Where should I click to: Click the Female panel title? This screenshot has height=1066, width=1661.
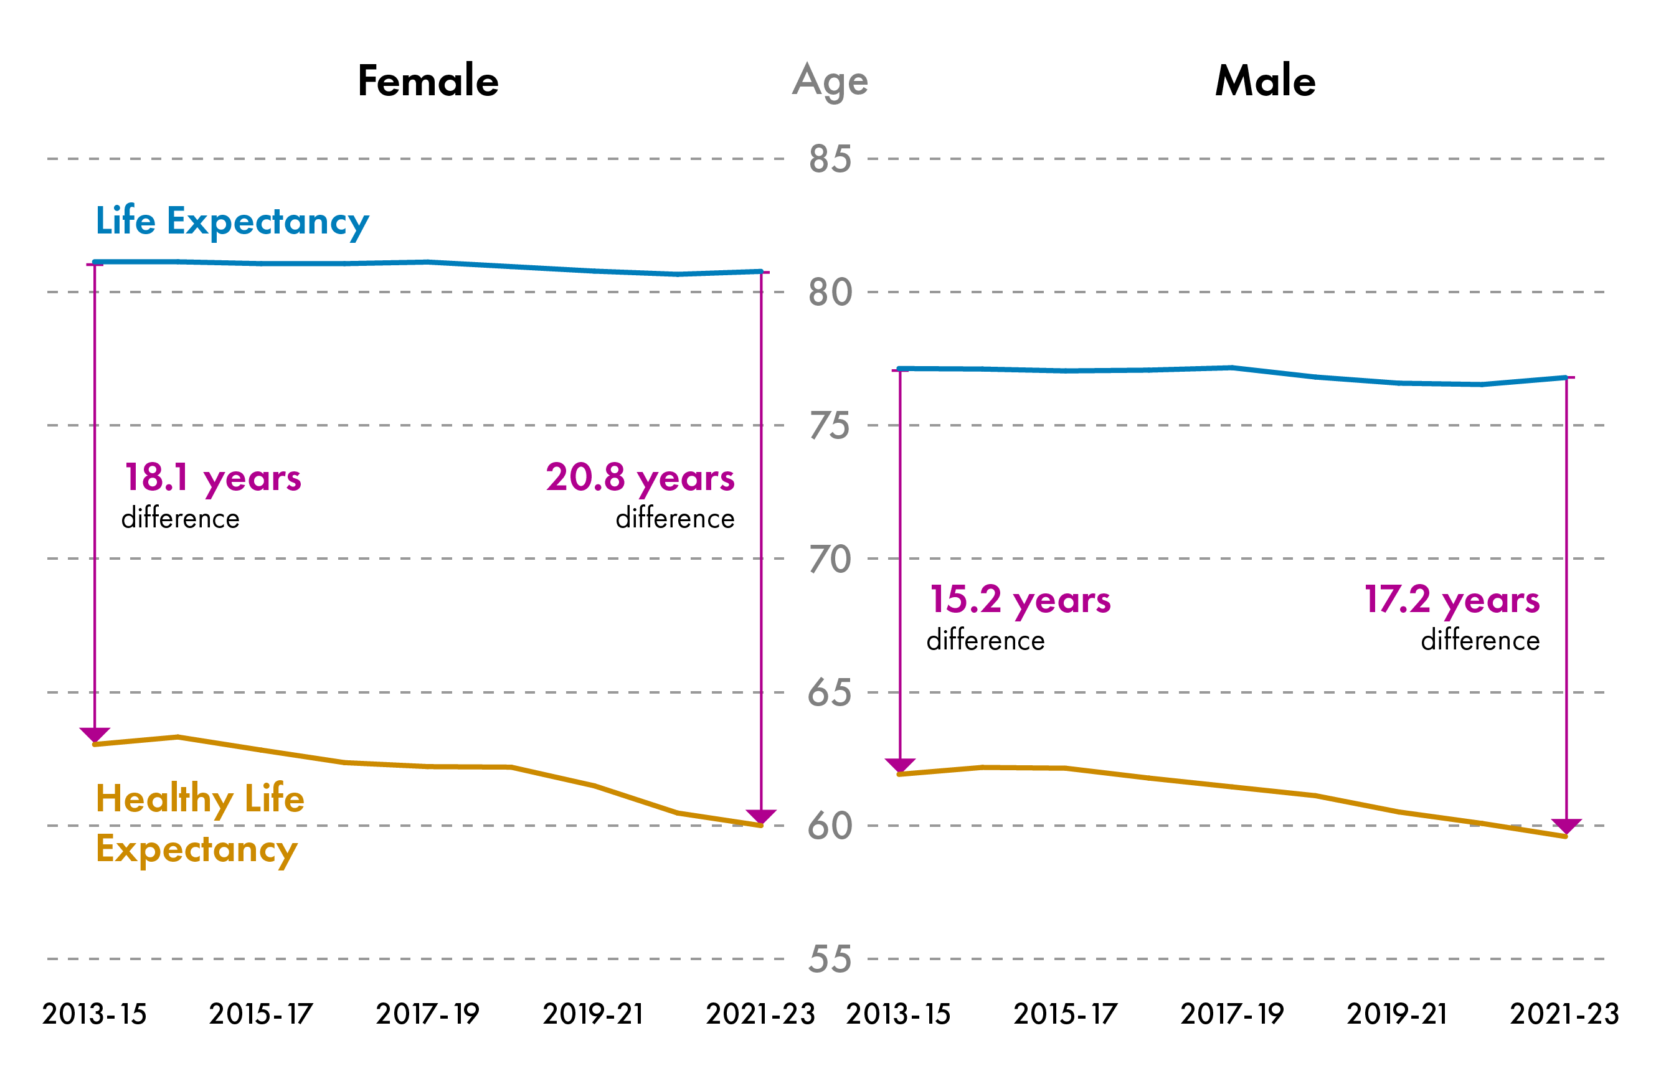(428, 81)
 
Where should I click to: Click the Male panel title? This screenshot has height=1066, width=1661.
(1265, 81)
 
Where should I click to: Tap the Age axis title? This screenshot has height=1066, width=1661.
(830, 81)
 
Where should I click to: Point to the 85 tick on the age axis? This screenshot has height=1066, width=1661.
(830, 159)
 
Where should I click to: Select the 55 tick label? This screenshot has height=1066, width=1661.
(830, 960)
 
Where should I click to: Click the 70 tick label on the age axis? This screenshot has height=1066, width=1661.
(830, 559)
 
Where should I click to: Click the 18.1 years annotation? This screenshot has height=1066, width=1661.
(212, 478)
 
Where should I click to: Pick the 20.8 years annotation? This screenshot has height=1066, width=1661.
(640, 478)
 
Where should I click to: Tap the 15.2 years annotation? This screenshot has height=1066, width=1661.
(1020, 600)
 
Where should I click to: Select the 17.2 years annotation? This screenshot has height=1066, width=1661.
(1452, 600)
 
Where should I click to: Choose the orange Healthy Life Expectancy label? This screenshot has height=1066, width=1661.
(199, 823)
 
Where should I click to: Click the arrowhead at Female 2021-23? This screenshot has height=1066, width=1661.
(761, 816)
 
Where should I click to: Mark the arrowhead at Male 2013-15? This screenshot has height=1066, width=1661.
(900, 765)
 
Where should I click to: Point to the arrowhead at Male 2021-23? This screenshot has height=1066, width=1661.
(1566, 826)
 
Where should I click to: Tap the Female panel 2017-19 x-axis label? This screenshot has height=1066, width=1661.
(427, 1014)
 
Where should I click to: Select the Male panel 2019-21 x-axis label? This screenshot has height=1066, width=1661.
(1397, 1014)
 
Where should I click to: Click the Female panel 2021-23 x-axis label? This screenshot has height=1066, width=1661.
(760, 1014)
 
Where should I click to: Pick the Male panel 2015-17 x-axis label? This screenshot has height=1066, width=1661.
(1066, 1014)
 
